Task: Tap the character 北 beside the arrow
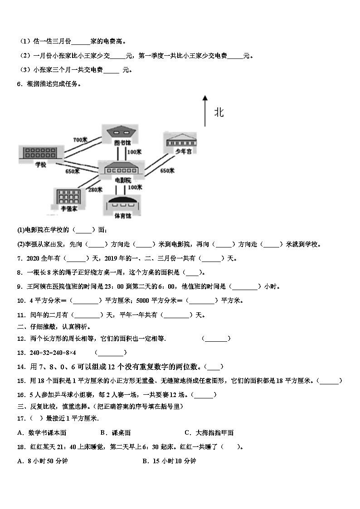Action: (219, 112)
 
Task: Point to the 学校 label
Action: (41, 165)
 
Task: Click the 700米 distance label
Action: (80, 140)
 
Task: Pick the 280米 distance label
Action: (95, 189)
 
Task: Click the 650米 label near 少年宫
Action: (167, 171)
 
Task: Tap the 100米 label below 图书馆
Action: (135, 152)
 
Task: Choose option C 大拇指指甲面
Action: (209, 433)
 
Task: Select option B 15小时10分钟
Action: (169, 461)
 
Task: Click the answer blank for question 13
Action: (111, 353)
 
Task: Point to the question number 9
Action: (19, 286)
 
